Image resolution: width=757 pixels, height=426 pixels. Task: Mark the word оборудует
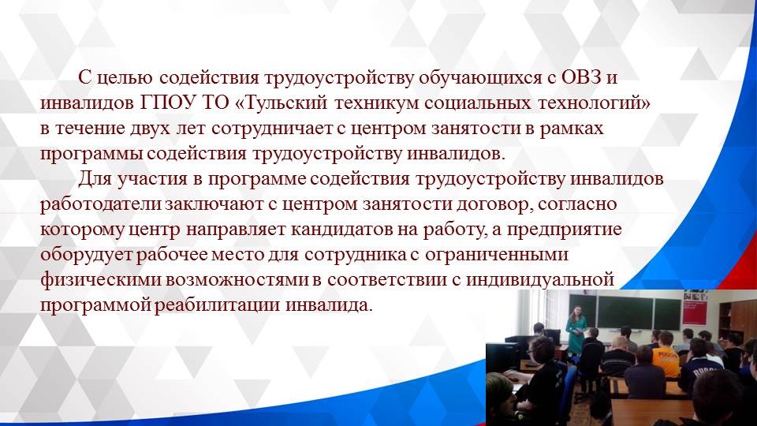[86, 255]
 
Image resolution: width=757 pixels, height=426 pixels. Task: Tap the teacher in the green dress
[576, 331]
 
